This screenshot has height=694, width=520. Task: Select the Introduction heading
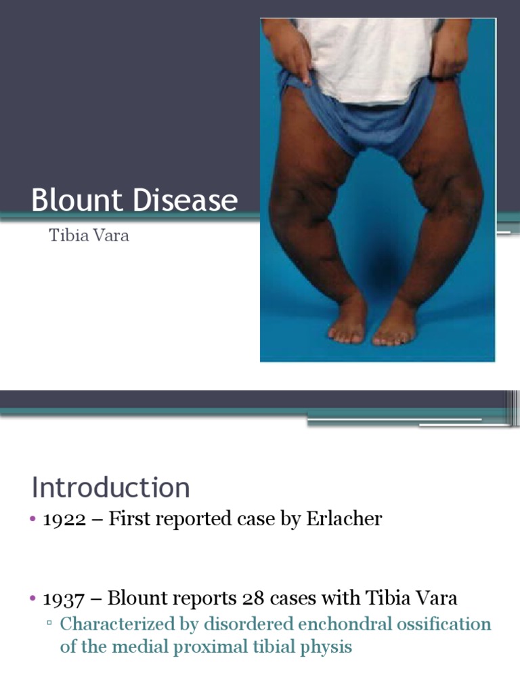[111, 488]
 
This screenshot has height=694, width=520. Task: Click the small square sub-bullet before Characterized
[49, 624]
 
